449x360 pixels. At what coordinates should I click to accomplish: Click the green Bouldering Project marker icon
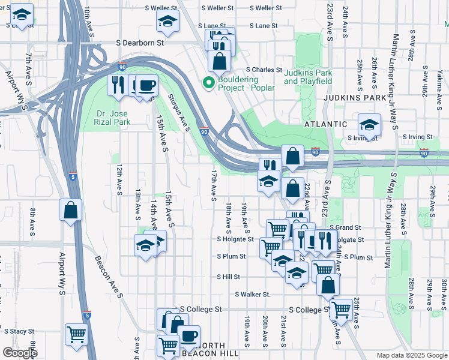coord(209,83)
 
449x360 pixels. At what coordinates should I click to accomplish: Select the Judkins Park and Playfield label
coord(308,76)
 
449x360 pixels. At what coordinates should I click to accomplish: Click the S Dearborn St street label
coord(140,43)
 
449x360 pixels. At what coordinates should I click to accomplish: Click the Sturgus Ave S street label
coord(179,112)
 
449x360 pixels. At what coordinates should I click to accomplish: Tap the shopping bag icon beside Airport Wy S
coord(70,210)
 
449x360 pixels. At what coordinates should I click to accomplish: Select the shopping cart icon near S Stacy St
coord(76,334)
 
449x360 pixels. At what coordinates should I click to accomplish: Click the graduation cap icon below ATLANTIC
coord(369,124)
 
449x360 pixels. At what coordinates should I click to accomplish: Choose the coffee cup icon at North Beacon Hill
coord(188,335)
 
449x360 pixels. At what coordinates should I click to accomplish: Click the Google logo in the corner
coord(20,353)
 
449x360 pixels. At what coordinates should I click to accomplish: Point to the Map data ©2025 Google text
coord(411,355)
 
